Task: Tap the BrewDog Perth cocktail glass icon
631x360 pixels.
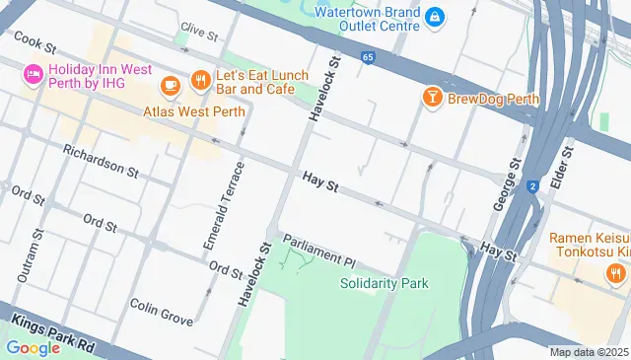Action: [431, 97]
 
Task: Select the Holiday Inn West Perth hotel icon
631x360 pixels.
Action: [32, 74]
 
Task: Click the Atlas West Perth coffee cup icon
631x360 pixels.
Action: [170, 86]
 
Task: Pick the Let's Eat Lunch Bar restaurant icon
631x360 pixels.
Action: [198, 78]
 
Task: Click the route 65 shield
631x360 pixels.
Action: [367, 58]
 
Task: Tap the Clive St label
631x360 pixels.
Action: [198, 33]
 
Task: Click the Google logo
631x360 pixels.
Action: [33, 347]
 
